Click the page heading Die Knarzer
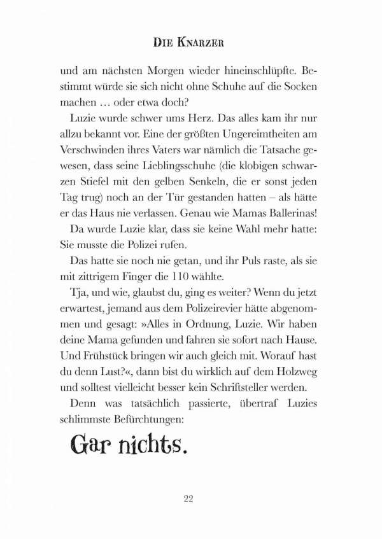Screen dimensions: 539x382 click(190, 43)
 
